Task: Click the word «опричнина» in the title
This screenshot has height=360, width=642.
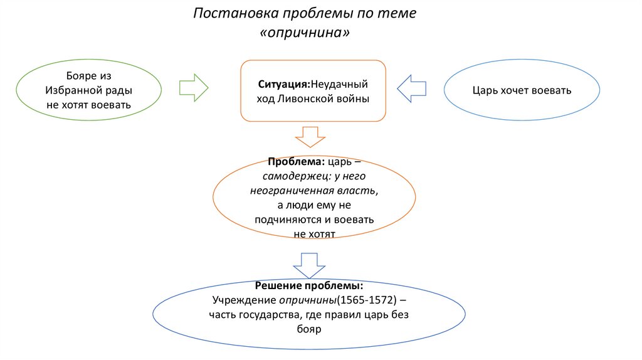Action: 305,33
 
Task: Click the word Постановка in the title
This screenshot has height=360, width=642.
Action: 236,13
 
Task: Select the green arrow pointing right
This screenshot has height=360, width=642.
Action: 194,88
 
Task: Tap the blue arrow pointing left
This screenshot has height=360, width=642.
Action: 411,88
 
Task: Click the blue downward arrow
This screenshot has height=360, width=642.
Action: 309,266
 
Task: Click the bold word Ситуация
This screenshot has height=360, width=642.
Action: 284,85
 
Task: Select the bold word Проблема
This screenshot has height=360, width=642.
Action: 296,162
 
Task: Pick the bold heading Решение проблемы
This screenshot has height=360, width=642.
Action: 309,285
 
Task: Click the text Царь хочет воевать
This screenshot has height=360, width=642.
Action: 522,90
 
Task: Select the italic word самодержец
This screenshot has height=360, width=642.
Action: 297,176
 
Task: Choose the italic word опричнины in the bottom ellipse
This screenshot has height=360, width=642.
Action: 307,300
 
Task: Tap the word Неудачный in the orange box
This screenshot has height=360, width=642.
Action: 339,85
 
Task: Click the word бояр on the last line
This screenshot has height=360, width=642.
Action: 309,329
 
